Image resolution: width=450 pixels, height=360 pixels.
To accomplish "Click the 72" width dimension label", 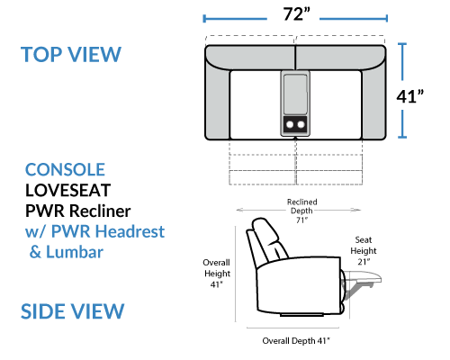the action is tap(296, 14).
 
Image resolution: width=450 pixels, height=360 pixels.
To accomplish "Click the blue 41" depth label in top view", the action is tap(410, 96).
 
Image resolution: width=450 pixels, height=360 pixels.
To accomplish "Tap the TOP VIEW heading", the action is tap(71, 54).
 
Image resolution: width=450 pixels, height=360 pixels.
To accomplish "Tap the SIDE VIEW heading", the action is tap(72, 311).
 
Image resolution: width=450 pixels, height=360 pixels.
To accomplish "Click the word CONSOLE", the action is tap(65, 170).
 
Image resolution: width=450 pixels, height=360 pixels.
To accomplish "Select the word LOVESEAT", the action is tap(68, 190).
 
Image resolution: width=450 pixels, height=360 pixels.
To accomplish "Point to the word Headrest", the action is tap(130, 231).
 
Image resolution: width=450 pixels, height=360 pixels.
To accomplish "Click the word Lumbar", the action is tap(75, 252).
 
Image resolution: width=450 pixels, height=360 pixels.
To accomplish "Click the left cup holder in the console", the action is tap(290, 124).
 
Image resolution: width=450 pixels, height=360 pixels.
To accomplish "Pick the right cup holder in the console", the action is tap(301, 124).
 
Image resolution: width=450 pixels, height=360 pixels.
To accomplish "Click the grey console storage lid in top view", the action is tap(295, 94).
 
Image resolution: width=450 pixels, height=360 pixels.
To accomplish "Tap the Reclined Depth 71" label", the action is tap(302, 211).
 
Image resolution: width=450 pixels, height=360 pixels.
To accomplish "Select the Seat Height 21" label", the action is tap(364, 250).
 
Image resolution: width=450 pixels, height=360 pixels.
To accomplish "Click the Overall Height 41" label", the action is tap(217, 274).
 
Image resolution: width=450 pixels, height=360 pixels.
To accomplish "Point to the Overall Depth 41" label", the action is tap(296, 341).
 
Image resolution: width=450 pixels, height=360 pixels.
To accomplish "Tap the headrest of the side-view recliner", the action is tap(265, 229).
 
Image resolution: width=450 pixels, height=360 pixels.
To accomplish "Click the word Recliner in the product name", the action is tap(100, 211).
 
